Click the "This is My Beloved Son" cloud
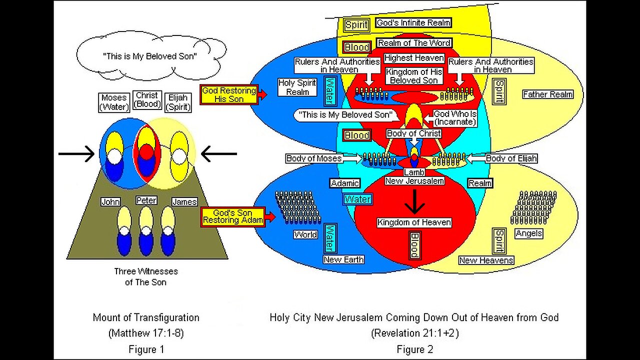click(x=149, y=56)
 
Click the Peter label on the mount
click(x=146, y=200)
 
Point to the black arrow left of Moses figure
click(x=76, y=153)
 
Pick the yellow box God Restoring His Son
click(x=229, y=94)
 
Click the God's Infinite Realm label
click(x=413, y=22)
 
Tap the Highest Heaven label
click(x=413, y=58)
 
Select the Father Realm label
click(x=547, y=94)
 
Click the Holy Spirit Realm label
click(x=297, y=87)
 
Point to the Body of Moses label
click(x=314, y=158)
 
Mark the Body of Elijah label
click(x=511, y=158)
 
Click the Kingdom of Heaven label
click(x=414, y=222)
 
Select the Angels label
click(x=529, y=233)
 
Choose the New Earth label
click(x=343, y=259)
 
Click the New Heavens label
click(x=486, y=260)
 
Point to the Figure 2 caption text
click(x=415, y=349)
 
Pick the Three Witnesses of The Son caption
click(x=145, y=276)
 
